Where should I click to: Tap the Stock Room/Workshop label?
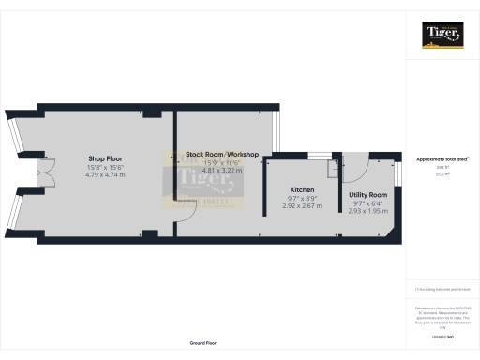pos(222,154)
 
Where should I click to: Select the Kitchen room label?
pos(302,190)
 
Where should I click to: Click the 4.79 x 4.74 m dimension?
pos(105,174)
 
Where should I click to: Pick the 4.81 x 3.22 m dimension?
pos(222,171)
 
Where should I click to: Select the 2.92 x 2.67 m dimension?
pos(302,206)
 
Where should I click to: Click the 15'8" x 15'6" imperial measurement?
pos(105,167)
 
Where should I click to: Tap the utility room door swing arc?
pos(356,169)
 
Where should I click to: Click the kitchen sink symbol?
pos(332,169)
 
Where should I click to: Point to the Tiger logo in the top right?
pos(442,37)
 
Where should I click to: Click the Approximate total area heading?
pos(442,159)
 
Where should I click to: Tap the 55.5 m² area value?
pos(442,173)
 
